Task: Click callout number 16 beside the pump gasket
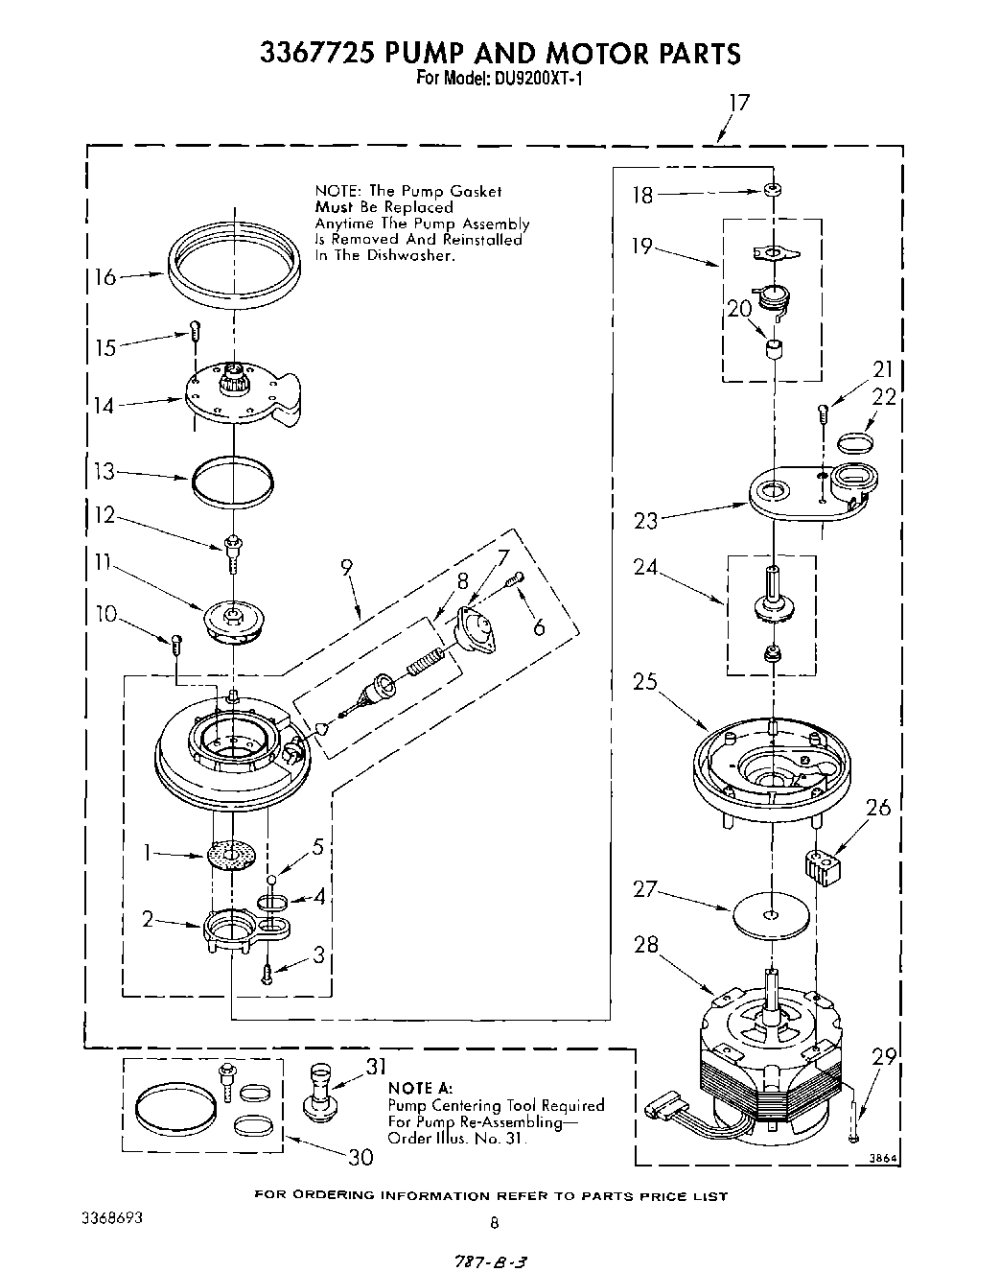click(104, 278)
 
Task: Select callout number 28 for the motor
click(646, 944)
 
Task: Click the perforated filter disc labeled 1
click(232, 855)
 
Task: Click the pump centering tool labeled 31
click(321, 1092)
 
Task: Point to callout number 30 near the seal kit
click(360, 1157)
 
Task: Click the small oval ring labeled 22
click(855, 441)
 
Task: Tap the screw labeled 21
click(822, 414)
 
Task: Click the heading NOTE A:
click(419, 1089)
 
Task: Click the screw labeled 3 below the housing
click(268, 974)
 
